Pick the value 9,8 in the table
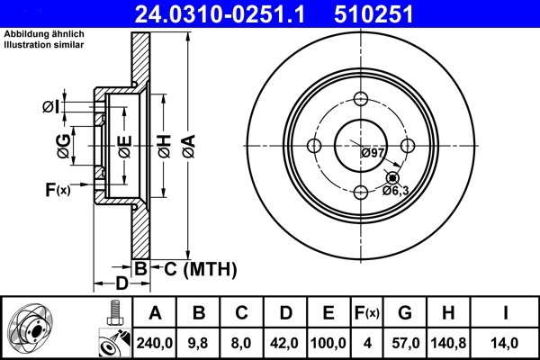click(200, 343)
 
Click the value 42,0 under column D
click(286, 343)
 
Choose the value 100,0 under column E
click(329, 343)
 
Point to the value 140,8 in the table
click(449, 343)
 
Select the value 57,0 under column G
click(404, 343)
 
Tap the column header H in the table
click(449, 313)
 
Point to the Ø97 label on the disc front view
click(373, 153)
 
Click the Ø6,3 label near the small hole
click(396, 190)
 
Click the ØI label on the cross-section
click(50, 108)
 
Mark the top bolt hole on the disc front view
click(360, 100)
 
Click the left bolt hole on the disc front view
click(314, 146)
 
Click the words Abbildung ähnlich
click(35, 34)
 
